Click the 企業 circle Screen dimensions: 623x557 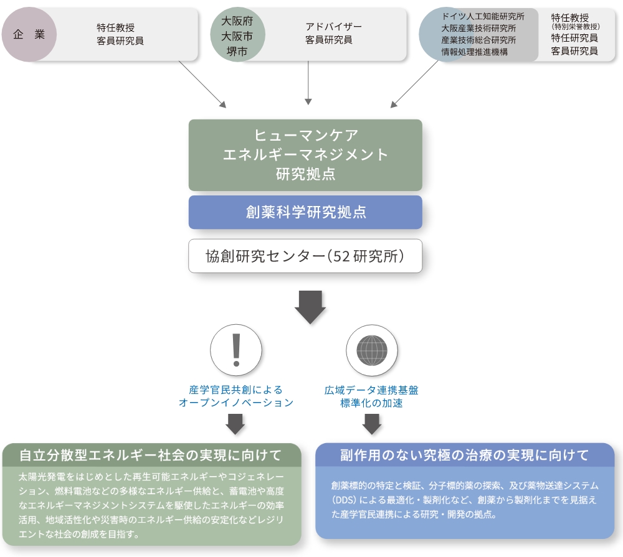tap(29, 34)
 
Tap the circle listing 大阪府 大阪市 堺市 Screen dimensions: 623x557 tap(237, 34)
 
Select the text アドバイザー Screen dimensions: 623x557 tap(333, 27)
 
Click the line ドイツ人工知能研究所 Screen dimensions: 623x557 tap(483, 17)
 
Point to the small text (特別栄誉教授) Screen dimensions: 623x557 tap(575, 27)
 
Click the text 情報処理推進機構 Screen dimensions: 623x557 tap(474, 52)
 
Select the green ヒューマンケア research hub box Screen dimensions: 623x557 tap(305, 155)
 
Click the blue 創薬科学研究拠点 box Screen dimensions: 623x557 tap(305, 212)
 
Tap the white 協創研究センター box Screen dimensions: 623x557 tap(305, 256)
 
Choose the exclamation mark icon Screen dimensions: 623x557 tap(236, 350)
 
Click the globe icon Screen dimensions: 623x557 tap(371, 350)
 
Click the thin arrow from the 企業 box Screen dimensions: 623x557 tap(202, 84)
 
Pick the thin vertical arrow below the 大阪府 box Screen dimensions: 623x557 tap(308, 83)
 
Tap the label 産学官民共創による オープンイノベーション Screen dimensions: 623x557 tap(236, 396)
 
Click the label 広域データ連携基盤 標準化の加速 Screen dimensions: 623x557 tap(371, 396)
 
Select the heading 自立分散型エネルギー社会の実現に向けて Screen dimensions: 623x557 tap(151, 456)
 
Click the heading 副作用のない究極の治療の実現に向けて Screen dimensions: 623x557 tap(465, 456)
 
